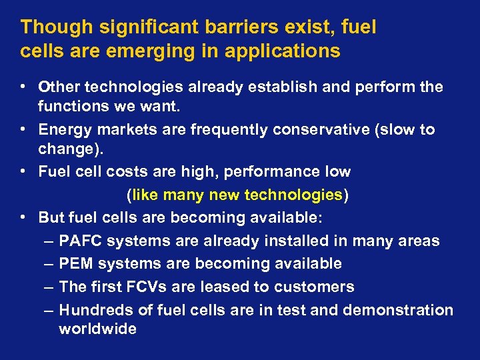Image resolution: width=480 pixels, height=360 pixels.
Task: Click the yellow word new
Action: (x=225, y=195)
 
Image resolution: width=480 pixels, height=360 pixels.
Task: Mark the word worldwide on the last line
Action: (x=97, y=329)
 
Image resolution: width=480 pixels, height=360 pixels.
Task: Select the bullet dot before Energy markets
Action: (x=23, y=129)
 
